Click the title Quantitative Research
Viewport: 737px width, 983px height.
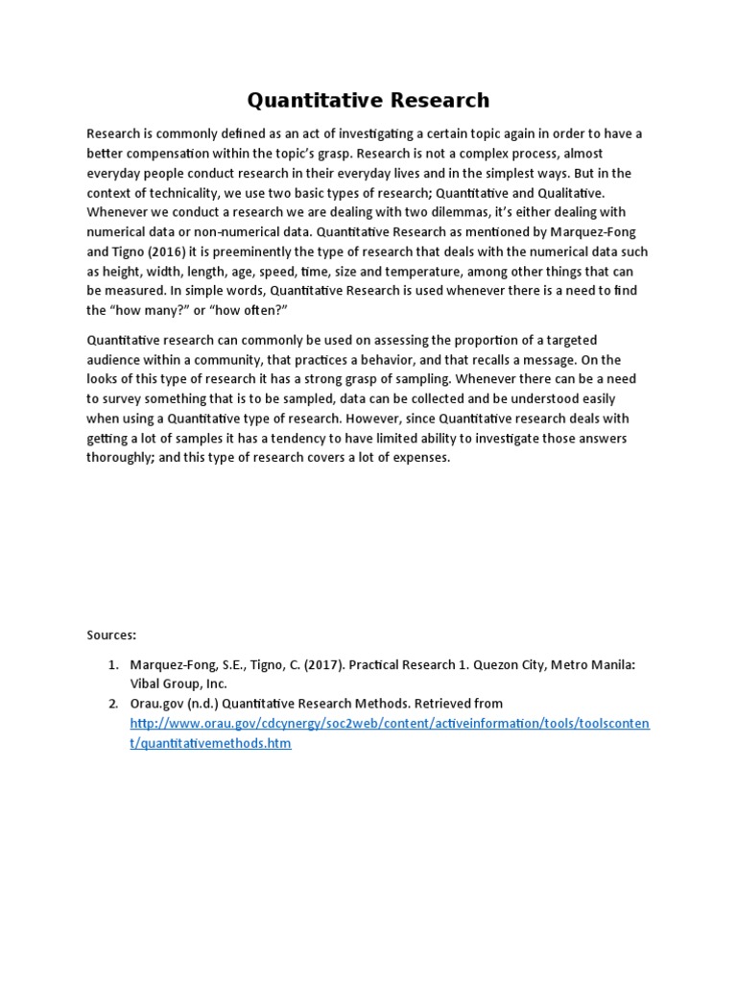tap(368, 100)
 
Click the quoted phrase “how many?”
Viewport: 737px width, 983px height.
tap(145, 311)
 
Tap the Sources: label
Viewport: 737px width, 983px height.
tap(112, 635)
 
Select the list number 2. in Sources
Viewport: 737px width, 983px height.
tap(112, 704)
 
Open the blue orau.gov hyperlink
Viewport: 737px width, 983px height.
tap(389, 723)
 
